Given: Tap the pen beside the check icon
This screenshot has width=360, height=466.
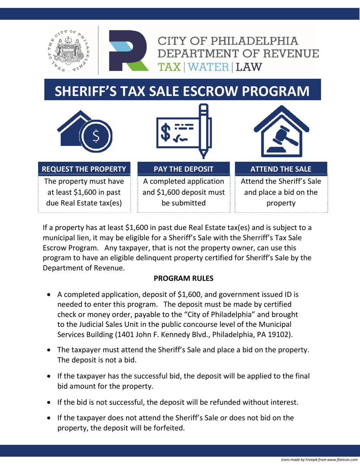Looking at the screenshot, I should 205,131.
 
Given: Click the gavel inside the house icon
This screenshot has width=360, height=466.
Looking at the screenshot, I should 284,139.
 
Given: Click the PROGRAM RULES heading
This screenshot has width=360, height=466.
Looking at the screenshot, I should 183,278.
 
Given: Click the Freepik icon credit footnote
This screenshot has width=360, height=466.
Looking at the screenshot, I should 319,460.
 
